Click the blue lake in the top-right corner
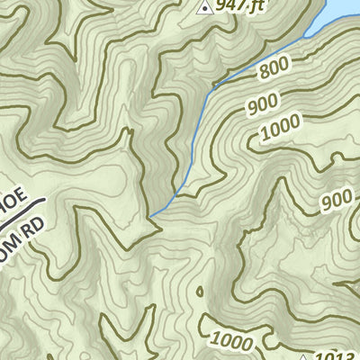pos(337,13)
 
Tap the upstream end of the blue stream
pos(150,216)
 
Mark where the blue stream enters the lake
pos(306,37)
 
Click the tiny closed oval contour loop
pos(200,292)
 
